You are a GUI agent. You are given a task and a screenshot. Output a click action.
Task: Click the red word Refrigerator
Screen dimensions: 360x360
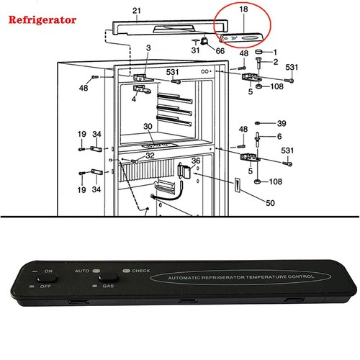point(42,19)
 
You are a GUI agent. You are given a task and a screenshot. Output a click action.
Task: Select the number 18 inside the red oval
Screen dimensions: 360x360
point(243,11)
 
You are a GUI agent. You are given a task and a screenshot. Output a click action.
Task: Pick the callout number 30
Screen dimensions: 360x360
point(148,127)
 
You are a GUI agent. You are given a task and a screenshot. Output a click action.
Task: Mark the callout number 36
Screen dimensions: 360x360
point(195,161)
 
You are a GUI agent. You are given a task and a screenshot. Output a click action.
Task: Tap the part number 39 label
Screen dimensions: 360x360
point(282,122)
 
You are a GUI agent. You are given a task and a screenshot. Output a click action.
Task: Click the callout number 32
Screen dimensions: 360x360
point(150,156)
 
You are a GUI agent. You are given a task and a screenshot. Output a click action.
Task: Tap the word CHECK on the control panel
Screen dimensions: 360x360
point(140,271)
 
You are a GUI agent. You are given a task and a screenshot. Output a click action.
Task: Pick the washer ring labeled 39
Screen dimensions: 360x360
point(258,122)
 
